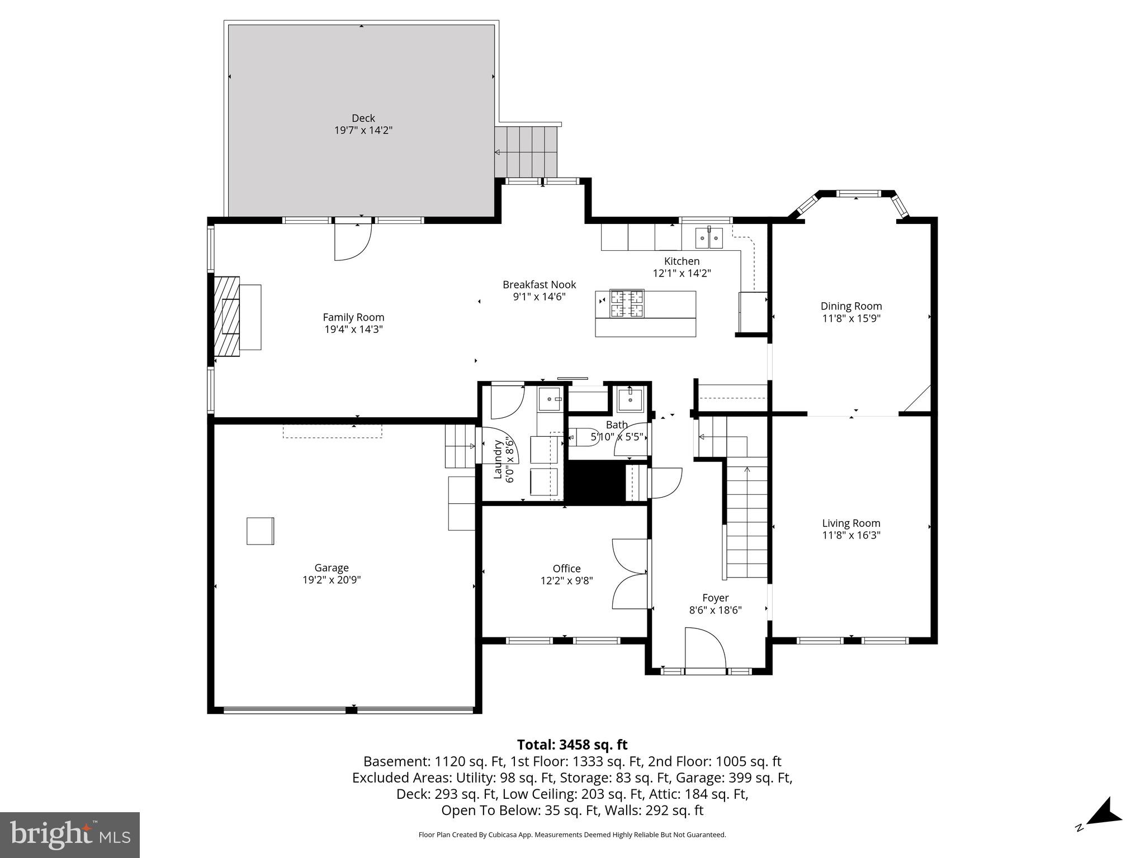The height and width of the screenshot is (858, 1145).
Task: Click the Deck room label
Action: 363,118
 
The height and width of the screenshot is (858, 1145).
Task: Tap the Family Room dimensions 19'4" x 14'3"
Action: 353,330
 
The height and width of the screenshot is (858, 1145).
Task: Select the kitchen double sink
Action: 709,238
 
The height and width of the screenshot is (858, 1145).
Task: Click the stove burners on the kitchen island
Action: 626,303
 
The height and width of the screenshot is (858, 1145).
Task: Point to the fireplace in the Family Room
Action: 227,316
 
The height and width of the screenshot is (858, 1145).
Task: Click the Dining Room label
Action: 851,306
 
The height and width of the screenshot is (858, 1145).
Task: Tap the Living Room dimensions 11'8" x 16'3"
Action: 851,535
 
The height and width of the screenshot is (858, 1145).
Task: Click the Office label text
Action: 566,569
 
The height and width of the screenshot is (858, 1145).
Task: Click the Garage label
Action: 332,568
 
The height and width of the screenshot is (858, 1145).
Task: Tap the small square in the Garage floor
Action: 260,531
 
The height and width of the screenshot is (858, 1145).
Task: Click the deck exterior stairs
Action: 526,151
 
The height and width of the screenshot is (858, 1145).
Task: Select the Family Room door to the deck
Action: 352,242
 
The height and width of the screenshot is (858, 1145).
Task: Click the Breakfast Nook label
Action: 539,285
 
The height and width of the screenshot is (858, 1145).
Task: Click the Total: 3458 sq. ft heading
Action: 572,745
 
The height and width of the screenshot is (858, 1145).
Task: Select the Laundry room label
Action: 497,459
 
